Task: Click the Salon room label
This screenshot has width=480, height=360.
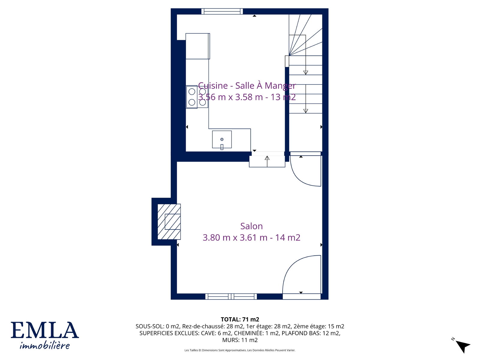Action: [251, 226]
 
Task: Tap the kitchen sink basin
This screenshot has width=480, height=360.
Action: [222, 139]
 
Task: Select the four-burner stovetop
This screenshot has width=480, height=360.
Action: [197, 97]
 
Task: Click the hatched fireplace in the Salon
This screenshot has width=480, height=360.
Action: [169, 222]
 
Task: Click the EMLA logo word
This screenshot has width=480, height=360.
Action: [45, 330]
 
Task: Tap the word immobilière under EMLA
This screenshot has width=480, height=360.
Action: [45, 346]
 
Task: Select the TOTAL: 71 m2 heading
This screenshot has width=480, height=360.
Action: [240, 319]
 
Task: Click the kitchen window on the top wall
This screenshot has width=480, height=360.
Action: [222, 11]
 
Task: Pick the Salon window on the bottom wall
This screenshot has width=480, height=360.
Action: [231, 297]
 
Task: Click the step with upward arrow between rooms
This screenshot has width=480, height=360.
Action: [267, 161]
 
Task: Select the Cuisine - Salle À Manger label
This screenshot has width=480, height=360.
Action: [247, 85]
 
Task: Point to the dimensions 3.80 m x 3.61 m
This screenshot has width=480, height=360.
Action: [235, 238]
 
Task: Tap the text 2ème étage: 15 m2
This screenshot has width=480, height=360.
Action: [319, 326]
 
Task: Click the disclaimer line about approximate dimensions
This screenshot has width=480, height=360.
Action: [240, 350]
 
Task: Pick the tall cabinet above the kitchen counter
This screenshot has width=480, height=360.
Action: [198, 46]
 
